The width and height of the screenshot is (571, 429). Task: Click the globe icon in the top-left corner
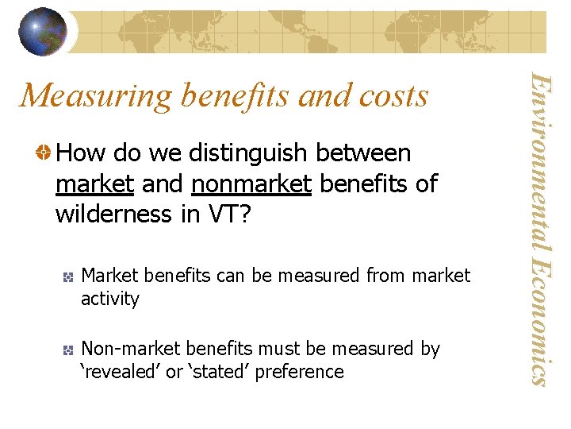43,32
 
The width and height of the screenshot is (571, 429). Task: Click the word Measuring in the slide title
96,96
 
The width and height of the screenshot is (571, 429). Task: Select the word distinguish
240,153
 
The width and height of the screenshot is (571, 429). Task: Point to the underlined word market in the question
94,184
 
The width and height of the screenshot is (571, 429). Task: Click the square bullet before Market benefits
70,276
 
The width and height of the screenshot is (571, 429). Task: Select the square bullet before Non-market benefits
70,350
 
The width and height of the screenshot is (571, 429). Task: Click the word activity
110,299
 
